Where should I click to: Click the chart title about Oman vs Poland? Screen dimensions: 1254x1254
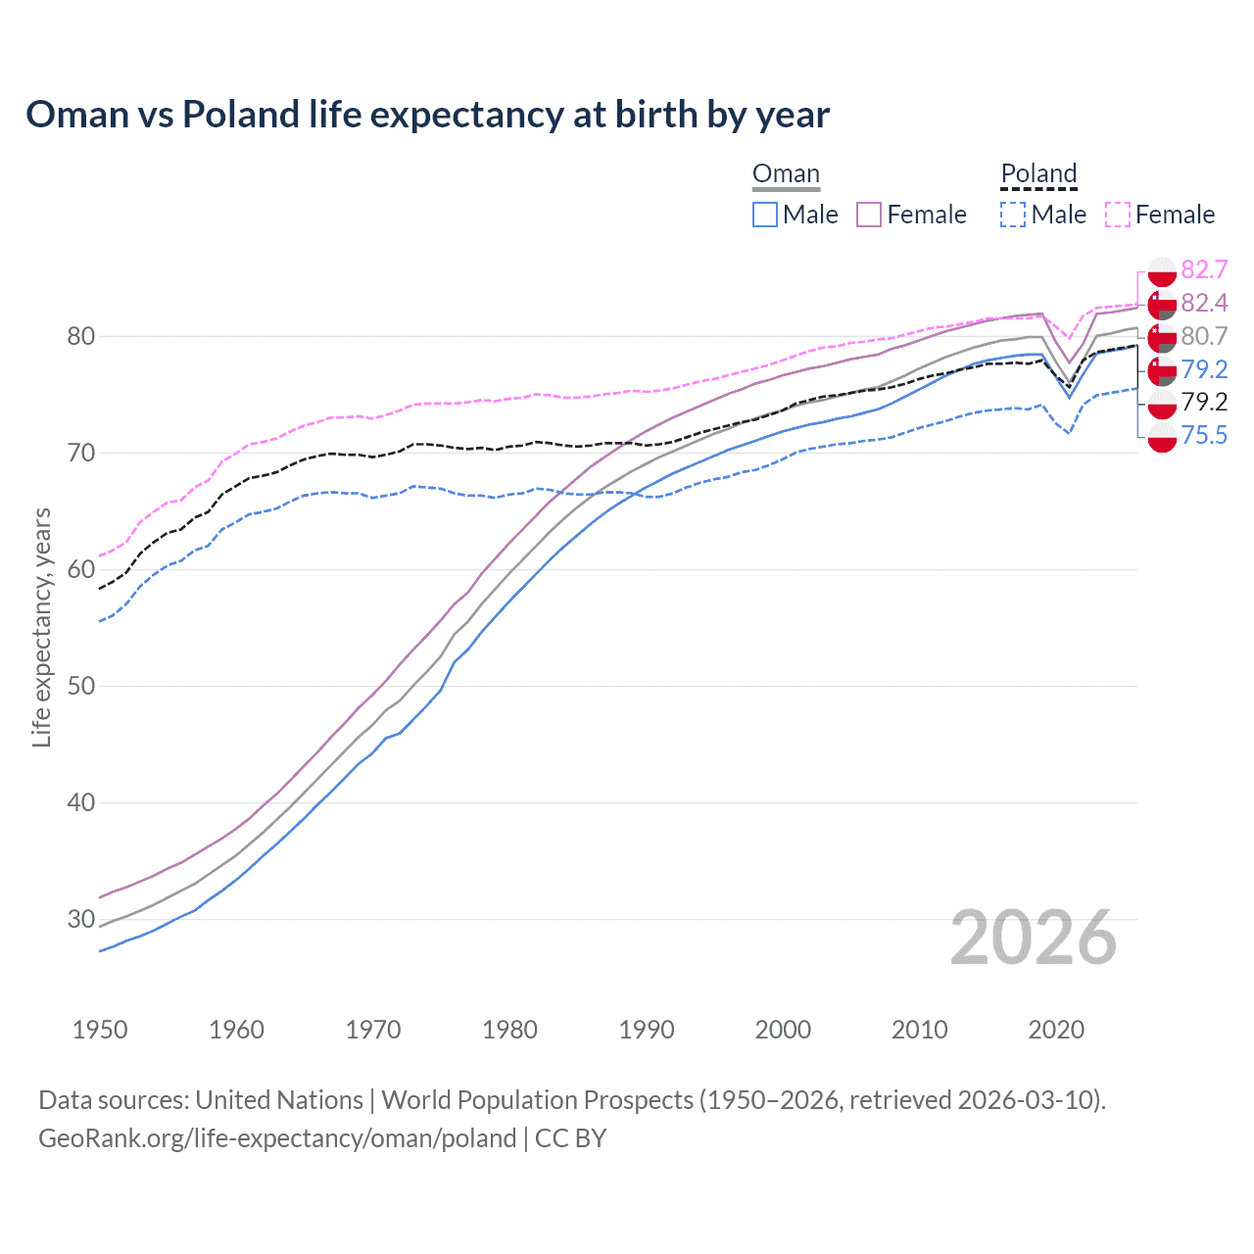pos(427,115)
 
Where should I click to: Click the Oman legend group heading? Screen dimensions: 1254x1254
pos(786,174)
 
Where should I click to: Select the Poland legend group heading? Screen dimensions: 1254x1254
pos(1038,174)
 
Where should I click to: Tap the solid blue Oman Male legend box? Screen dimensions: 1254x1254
pos(765,215)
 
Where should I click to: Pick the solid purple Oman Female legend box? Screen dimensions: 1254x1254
pos(869,215)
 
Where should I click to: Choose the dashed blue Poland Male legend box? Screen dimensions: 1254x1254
pos(1013,215)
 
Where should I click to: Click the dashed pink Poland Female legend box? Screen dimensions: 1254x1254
pos(1117,215)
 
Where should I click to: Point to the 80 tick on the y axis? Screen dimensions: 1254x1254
pos(81,337)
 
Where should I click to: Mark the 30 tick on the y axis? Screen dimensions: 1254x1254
pos(81,919)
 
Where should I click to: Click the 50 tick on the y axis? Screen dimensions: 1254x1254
pos(81,686)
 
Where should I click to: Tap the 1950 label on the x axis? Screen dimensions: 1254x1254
pos(100,1030)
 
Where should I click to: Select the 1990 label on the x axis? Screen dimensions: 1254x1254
pos(647,1030)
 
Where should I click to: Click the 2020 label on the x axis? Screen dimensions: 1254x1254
pos(1056,1030)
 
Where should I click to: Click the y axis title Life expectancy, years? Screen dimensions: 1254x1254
pos(41,627)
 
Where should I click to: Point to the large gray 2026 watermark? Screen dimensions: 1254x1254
pos(1033,938)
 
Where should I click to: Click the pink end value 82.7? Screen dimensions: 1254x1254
pos(1204,270)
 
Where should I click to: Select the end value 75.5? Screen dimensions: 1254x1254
pos(1204,435)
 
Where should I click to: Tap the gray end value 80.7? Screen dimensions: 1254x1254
pos(1204,336)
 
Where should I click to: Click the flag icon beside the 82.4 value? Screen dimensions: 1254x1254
pos(1162,304)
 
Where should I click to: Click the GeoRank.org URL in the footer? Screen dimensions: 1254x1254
pos(277,1138)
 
